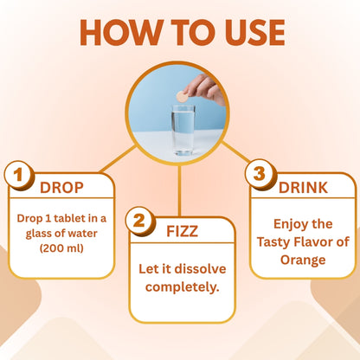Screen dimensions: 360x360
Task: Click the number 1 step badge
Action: click(x=19, y=175)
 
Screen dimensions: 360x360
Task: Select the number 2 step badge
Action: click(x=140, y=221)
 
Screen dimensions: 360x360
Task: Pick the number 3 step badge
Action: click(x=260, y=174)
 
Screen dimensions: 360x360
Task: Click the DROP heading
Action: click(x=61, y=188)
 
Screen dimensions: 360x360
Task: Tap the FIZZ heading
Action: click(x=183, y=231)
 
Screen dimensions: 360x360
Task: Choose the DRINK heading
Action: click(x=303, y=188)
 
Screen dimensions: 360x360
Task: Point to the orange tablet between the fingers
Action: click(x=182, y=97)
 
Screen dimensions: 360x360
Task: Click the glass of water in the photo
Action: click(x=183, y=131)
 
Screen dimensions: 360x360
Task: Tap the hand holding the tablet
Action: click(x=205, y=89)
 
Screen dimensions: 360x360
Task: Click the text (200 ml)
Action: click(x=61, y=248)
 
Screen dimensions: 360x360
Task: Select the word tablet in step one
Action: click(x=69, y=218)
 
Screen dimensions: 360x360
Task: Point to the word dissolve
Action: click(x=200, y=269)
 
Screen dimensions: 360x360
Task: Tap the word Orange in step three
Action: click(x=303, y=260)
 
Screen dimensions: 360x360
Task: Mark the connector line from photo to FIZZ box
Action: click(x=179, y=191)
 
